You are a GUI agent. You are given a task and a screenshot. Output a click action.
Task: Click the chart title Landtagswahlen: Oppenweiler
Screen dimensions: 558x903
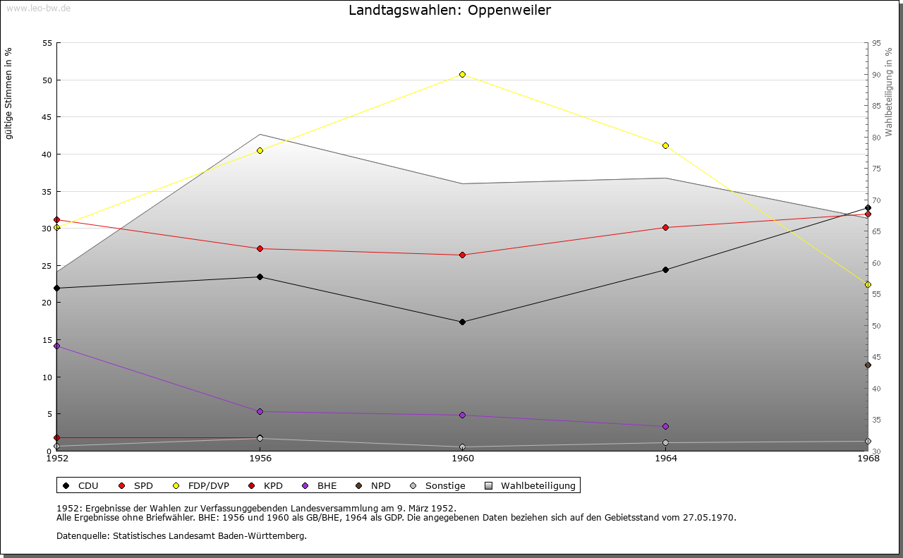click(x=450, y=11)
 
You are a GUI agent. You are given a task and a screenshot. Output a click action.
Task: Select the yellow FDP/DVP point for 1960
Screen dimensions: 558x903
click(x=463, y=74)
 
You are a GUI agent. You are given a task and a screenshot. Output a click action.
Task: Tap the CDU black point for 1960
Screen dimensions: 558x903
click(x=463, y=322)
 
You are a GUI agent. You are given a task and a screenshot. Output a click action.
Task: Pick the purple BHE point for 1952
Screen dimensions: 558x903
click(x=57, y=346)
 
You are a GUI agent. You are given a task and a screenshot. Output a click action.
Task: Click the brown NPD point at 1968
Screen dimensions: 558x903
click(x=868, y=365)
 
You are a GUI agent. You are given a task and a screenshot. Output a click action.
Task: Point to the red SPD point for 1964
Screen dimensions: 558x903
click(x=665, y=227)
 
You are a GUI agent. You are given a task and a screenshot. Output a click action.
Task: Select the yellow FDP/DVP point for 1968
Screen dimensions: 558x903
click(x=868, y=285)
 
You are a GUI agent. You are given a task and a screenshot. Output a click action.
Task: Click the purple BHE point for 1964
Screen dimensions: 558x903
click(x=665, y=427)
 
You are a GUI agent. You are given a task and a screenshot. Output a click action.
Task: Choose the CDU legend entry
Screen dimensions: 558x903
click(x=81, y=485)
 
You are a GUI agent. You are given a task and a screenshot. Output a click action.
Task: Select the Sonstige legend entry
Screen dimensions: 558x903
click(x=438, y=485)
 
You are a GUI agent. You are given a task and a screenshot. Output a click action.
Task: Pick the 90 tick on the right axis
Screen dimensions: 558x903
click(x=876, y=75)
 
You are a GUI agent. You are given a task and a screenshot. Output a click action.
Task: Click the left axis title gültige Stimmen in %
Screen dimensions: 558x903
click(x=9, y=93)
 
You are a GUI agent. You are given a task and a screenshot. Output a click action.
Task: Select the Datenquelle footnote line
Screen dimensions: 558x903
click(x=181, y=535)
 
